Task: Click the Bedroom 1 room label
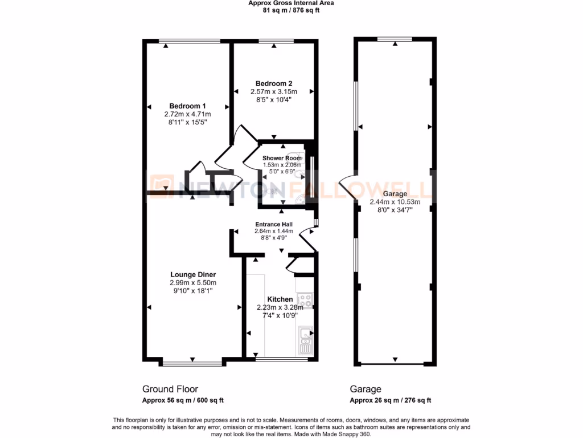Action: pos(187,106)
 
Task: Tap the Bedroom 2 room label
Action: pos(274,83)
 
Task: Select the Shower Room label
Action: pos(278,158)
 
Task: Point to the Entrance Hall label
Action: pos(273,224)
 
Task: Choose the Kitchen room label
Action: pos(280,299)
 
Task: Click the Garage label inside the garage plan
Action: pos(395,194)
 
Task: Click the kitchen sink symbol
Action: pos(305,340)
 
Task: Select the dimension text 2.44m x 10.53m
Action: pos(395,202)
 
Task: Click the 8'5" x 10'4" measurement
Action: pos(274,99)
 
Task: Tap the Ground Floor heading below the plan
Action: pos(170,389)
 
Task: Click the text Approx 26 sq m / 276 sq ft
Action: pos(390,400)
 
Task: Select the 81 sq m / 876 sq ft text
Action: pos(291,10)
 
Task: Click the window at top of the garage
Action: pos(395,39)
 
